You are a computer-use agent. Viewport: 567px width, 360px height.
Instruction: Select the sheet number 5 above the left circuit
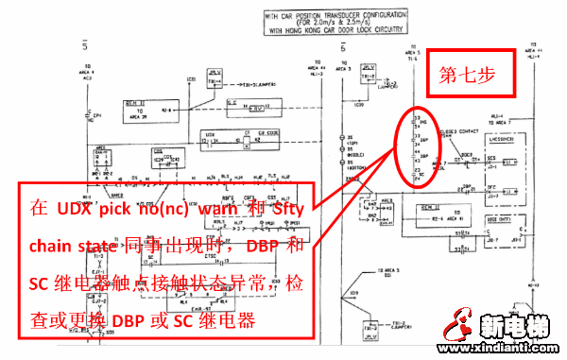click(86, 44)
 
